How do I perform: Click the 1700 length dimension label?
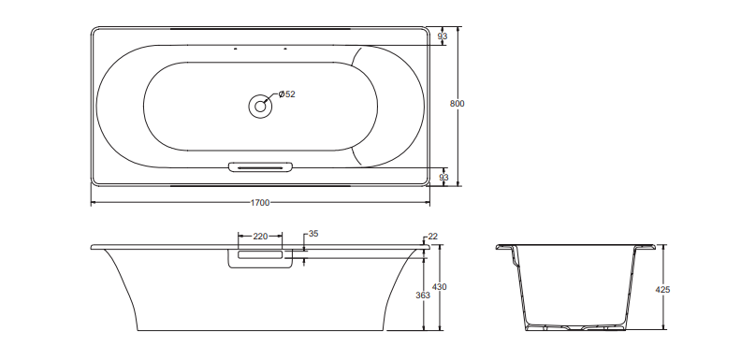pyautogui.click(x=260, y=203)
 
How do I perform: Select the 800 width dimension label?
pyautogui.click(x=457, y=104)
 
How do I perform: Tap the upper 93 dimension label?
pyautogui.click(x=443, y=36)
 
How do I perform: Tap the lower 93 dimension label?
pyautogui.click(x=443, y=177)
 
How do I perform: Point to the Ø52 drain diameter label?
pyautogui.click(x=286, y=94)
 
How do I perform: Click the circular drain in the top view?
pyautogui.click(x=260, y=107)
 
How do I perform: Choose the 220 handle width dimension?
pyautogui.click(x=260, y=237)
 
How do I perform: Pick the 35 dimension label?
pyautogui.click(x=313, y=234)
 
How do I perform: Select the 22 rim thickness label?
pyautogui.click(x=433, y=237)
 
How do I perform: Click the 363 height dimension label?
pyautogui.click(x=423, y=295)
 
